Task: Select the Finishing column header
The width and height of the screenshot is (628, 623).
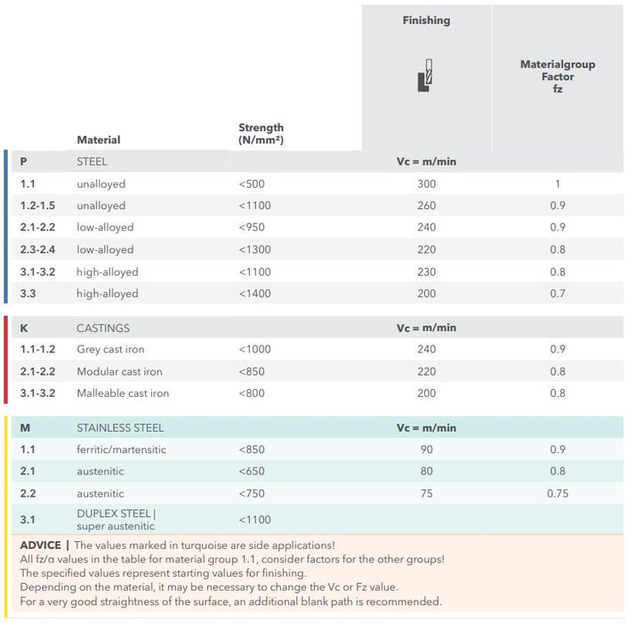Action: (x=426, y=20)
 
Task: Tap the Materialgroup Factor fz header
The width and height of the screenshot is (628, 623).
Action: (x=558, y=77)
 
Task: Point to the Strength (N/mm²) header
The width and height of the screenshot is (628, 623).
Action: (x=261, y=134)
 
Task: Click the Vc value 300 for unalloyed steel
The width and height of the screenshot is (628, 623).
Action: (x=426, y=184)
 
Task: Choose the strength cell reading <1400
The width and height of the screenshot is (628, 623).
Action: (x=254, y=294)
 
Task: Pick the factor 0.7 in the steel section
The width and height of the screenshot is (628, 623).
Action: (x=558, y=294)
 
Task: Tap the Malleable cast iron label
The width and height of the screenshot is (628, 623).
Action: (x=123, y=393)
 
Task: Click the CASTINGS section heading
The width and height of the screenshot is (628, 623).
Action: (x=103, y=328)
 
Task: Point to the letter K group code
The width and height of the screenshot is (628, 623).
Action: (x=24, y=328)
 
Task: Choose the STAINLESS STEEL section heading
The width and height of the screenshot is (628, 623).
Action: (x=120, y=428)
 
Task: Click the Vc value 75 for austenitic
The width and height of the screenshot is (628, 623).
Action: (x=426, y=494)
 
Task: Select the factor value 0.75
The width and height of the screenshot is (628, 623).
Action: (x=558, y=494)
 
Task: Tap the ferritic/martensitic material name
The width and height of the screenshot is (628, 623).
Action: (x=121, y=449)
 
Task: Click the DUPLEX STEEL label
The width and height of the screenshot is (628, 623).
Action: (x=116, y=514)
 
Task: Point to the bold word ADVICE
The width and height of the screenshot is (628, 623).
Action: (x=40, y=545)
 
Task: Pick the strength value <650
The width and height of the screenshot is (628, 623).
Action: (x=252, y=472)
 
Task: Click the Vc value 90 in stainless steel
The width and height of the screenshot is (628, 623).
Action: (x=426, y=449)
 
